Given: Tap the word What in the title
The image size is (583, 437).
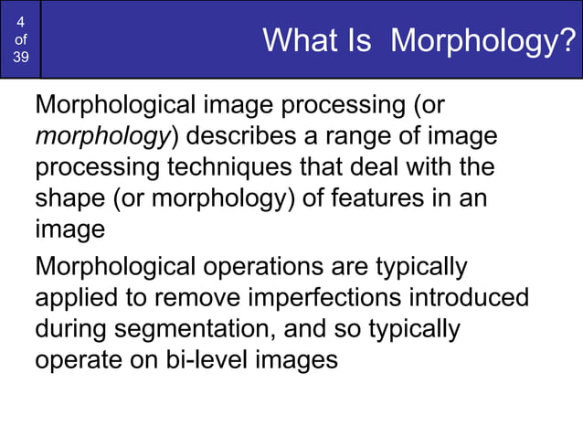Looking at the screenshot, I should [x=293, y=40].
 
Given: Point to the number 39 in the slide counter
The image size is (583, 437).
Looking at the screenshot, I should [x=20, y=58].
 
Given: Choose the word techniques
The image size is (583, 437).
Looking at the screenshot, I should [x=209, y=168].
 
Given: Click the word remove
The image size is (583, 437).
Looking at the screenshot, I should [x=204, y=298].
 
